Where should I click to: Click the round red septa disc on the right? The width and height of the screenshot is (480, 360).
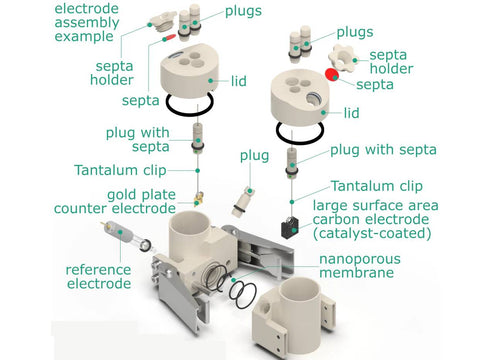pyautogui.click(x=332, y=74)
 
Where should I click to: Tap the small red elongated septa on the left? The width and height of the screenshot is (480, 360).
pyautogui.click(x=169, y=37)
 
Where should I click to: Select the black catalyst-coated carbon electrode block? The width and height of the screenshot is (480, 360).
pyautogui.click(x=290, y=228)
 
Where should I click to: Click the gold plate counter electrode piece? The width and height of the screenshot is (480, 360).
pyautogui.click(x=199, y=199)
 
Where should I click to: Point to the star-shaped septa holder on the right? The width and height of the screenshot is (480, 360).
pyautogui.click(x=342, y=57)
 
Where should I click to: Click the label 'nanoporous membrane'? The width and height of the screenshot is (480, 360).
pyautogui.click(x=360, y=266)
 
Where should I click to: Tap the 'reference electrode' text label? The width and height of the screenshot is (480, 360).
pyautogui.click(x=99, y=277)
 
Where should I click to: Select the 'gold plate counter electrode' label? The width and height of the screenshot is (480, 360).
pyautogui.click(x=115, y=202)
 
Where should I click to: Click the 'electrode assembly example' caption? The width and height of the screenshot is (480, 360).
pyautogui.click(x=87, y=22)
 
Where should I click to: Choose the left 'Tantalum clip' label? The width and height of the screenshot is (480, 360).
pyautogui.click(x=120, y=170)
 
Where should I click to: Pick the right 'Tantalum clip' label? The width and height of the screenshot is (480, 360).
pyautogui.click(x=377, y=186)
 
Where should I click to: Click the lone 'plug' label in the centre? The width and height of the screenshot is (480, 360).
pyautogui.click(x=254, y=156)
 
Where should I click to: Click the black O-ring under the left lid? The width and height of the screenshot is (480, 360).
pyautogui.click(x=189, y=113)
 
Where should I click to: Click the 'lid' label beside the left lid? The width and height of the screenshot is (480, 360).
pyautogui.click(x=239, y=81)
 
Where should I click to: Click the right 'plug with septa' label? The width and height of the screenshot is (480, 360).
pyautogui.click(x=383, y=150)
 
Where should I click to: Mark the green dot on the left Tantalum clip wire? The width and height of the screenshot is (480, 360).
pyautogui.click(x=198, y=171)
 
